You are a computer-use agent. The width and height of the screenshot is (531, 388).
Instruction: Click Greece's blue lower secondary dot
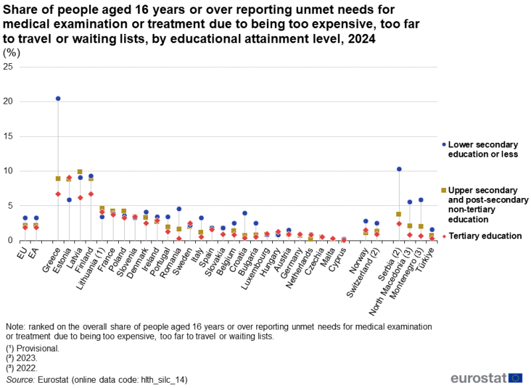click(x=58, y=98)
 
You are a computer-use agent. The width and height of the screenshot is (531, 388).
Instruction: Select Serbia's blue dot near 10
click(x=399, y=169)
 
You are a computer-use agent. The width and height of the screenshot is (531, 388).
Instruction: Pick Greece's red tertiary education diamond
click(x=58, y=194)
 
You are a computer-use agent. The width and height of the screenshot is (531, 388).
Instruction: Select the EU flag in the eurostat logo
click(x=515, y=378)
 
